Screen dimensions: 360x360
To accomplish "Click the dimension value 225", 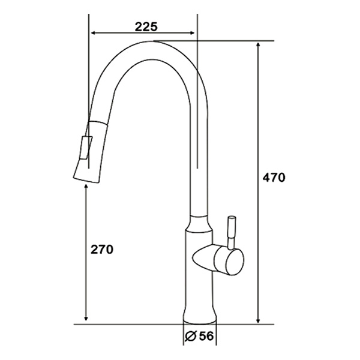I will tap(146, 26).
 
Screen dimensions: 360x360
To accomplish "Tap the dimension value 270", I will tap(101, 249).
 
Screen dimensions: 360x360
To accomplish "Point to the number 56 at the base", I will tap(206, 337).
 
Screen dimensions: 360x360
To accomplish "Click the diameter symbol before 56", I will tap(191, 337).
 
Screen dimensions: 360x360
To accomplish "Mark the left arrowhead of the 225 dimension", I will tap(92, 34).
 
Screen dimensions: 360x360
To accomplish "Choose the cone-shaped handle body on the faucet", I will tap(206, 259).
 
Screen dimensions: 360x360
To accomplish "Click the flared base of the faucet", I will tap(199, 314).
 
